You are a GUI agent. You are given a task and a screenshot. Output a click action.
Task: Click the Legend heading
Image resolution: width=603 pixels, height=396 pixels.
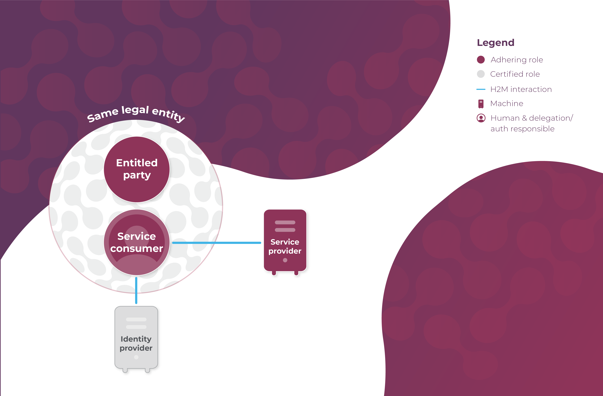496,43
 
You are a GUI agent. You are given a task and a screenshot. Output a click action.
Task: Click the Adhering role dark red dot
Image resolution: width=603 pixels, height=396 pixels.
481,60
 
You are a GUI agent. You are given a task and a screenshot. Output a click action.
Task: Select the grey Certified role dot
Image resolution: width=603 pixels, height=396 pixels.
481,74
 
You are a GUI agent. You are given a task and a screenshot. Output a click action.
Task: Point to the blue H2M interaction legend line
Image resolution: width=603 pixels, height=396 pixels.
481,89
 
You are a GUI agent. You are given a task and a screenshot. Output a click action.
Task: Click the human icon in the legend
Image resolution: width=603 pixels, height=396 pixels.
481,118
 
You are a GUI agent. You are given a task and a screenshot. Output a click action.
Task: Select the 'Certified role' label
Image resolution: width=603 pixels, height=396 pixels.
515,74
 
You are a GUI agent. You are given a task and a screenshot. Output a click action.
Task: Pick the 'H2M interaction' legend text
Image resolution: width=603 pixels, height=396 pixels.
521,89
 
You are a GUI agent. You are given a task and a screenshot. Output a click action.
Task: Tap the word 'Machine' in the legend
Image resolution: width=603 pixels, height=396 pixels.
507,103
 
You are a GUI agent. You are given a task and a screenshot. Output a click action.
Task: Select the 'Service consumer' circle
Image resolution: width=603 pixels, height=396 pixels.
137,242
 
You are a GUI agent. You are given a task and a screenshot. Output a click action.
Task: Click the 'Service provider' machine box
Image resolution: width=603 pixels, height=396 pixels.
285,241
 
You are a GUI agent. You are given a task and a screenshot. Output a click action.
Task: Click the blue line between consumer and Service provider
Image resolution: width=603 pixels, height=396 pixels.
217,243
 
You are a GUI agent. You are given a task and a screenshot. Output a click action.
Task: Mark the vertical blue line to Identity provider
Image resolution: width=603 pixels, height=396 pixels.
136,290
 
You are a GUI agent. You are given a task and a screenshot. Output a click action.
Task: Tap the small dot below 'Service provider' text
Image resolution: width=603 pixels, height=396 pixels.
285,260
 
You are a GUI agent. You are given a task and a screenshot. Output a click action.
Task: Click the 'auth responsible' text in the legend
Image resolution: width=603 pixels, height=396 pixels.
522,129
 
